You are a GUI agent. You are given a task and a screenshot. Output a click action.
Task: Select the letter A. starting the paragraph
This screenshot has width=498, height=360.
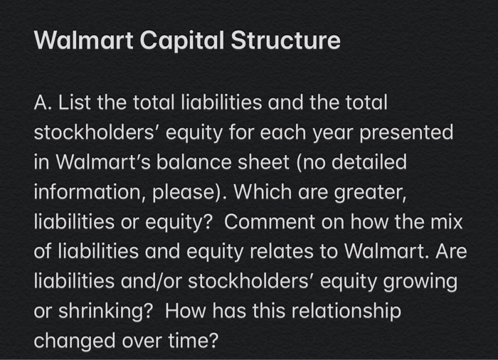click(43, 103)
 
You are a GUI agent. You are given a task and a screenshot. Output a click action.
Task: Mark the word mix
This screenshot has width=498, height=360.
click(446, 223)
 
